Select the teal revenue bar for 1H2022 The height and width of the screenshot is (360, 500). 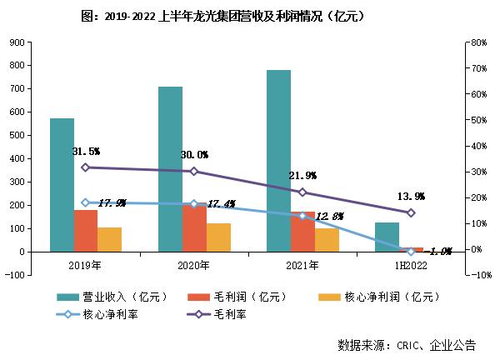pos(387,237)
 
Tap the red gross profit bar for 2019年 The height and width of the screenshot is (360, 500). pos(86,230)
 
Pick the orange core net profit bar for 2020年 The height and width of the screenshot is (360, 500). pos(218,237)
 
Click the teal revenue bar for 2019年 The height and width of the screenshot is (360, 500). pos(62,184)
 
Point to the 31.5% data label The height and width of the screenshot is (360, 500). pos(86,152)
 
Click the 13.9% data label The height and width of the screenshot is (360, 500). pos(411,197)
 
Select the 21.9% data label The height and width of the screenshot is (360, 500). pos(302,176)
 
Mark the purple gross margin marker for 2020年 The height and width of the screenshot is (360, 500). pos(194,172)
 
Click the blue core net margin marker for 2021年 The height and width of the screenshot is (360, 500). pos(302,216)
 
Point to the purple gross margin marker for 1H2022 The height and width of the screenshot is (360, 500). pos(411,212)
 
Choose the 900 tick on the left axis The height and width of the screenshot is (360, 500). pos(17,42)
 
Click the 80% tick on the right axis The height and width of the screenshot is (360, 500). pos(478,42)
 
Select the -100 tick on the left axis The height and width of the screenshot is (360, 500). pos(14,274)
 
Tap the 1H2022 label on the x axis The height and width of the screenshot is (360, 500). pos(411,265)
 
